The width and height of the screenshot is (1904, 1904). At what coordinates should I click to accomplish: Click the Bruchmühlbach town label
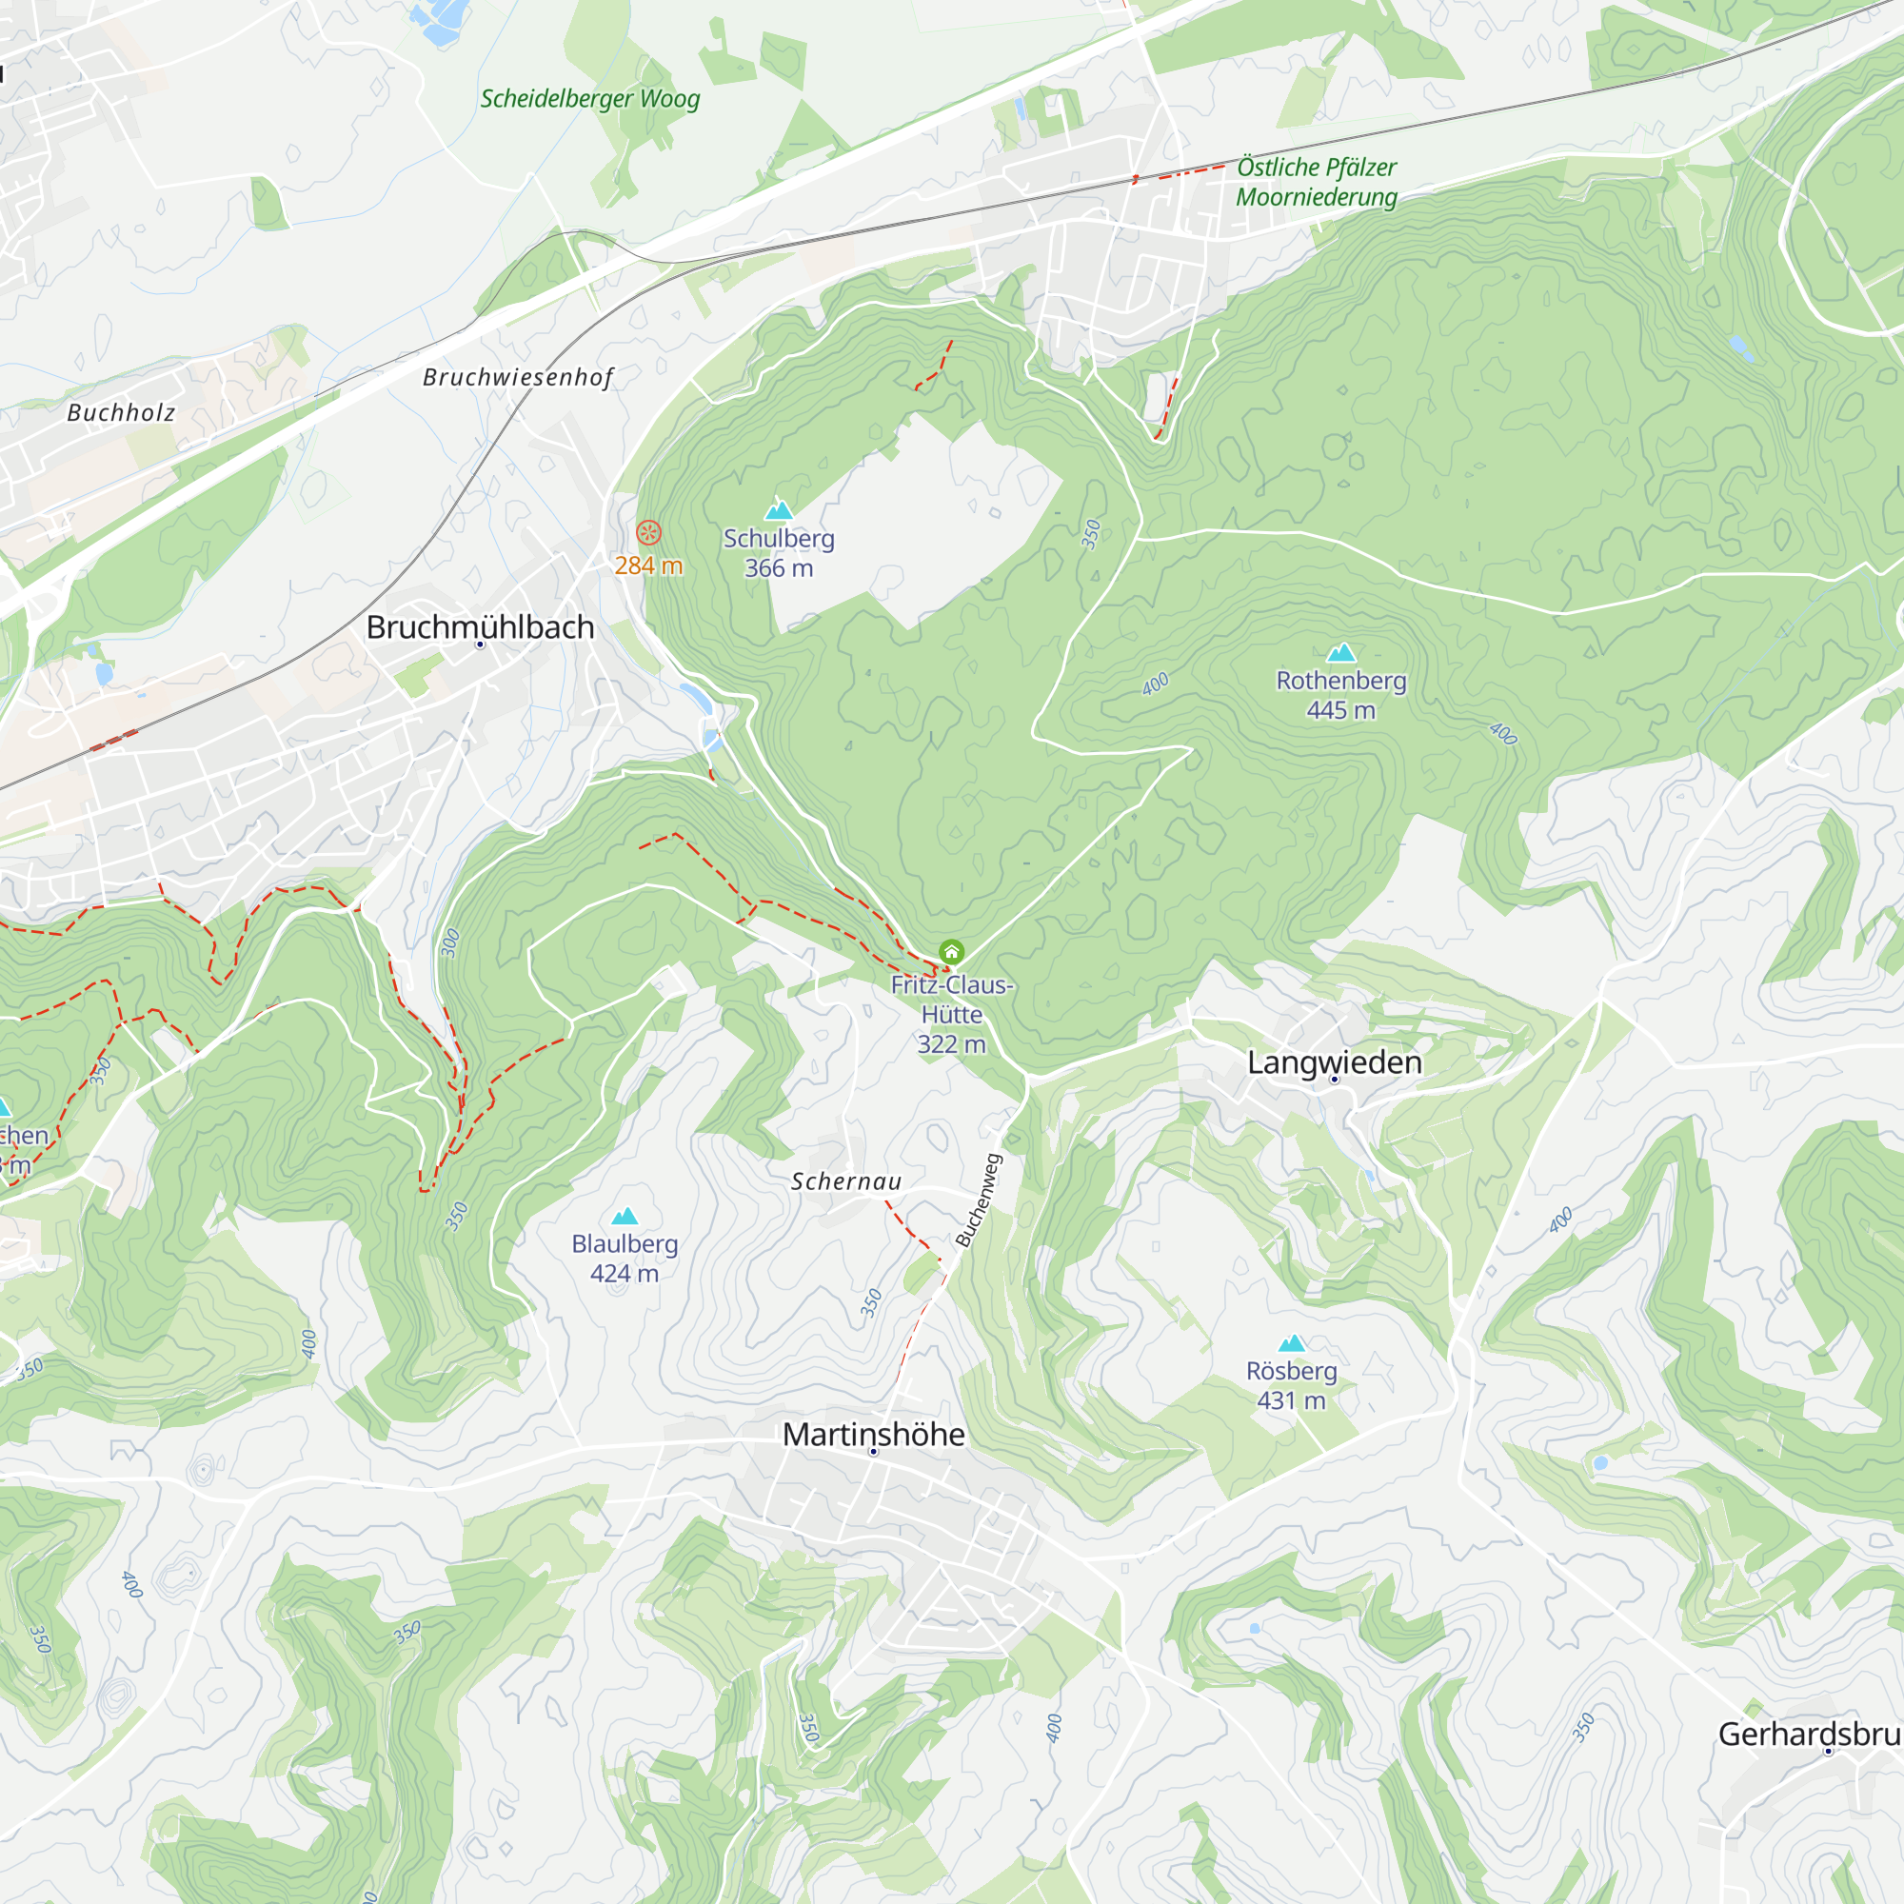[480, 626]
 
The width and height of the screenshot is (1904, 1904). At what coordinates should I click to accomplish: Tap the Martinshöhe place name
[873, 1434]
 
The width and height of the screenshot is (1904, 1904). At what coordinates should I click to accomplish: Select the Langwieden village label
[1335, 1062]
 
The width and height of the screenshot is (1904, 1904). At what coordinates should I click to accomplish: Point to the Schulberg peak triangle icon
[779, 509]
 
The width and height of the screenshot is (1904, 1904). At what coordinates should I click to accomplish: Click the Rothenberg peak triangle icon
[1340, 652]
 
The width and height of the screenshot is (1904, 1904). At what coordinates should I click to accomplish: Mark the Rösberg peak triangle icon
[1291, 1343]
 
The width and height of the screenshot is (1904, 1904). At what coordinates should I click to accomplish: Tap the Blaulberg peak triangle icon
[625, 1216]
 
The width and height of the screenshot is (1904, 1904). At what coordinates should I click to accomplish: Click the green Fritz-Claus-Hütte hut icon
[951, 952]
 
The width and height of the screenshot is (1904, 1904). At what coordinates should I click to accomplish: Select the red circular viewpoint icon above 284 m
[648, 533]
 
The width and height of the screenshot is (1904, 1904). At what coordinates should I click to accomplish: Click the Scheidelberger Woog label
[589, 99]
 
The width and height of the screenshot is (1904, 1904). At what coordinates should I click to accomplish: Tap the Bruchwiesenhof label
[517, 377]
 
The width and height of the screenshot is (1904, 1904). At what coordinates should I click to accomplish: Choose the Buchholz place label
[120, 413]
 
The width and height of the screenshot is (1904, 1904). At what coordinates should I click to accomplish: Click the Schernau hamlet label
[845, 1181]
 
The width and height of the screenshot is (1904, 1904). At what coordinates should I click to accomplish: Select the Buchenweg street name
[979, 1201]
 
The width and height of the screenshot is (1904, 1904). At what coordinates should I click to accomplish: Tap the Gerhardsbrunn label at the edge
[1810, 1734]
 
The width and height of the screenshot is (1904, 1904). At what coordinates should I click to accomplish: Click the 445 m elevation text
[1340, 710]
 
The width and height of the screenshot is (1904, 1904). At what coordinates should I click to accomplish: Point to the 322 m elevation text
[951, 1044]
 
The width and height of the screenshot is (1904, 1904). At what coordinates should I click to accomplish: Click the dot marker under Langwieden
[1335, 1081]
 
